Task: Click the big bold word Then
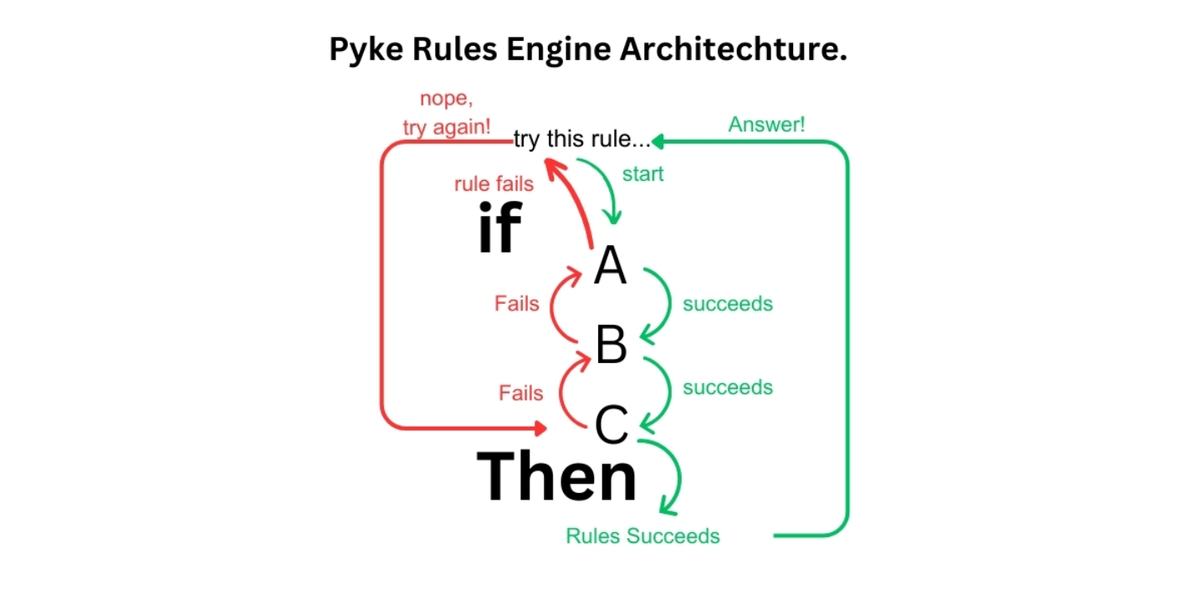pyautogui.click(x=557, y=476)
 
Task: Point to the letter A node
pyautogui.click(x=610, y=267)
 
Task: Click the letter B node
pyautogui.click(x=611, y=345)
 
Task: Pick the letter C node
pyautogui.click(x=612, y=425)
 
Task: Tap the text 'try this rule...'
pyautogui.click(x=582, y=140)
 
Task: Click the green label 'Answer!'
pyautogui.click(x=766, y=125)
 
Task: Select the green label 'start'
pyautogui.click(x=642, y=174)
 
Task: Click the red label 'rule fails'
pyautogui.click(x=494, y=184)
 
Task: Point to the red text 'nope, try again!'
pyautogui.click(x=446, y=114)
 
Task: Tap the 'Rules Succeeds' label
pyautogui.click(x=642, y=536)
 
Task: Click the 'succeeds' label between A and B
pyautogui.click(x=728, y=304)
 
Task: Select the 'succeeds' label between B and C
pyautogui.click(x=728, y=387)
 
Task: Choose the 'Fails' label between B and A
pyautogui.click(x=516, y=304)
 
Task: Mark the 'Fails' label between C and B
pyautogui.click(x=520, y=392)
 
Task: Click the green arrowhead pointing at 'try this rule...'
pyautogui.click(x=658, y=141)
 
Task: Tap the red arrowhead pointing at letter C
pyautogui.click(x=541, y=428)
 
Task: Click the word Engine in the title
pyautogui.click(x=557, y=49)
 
